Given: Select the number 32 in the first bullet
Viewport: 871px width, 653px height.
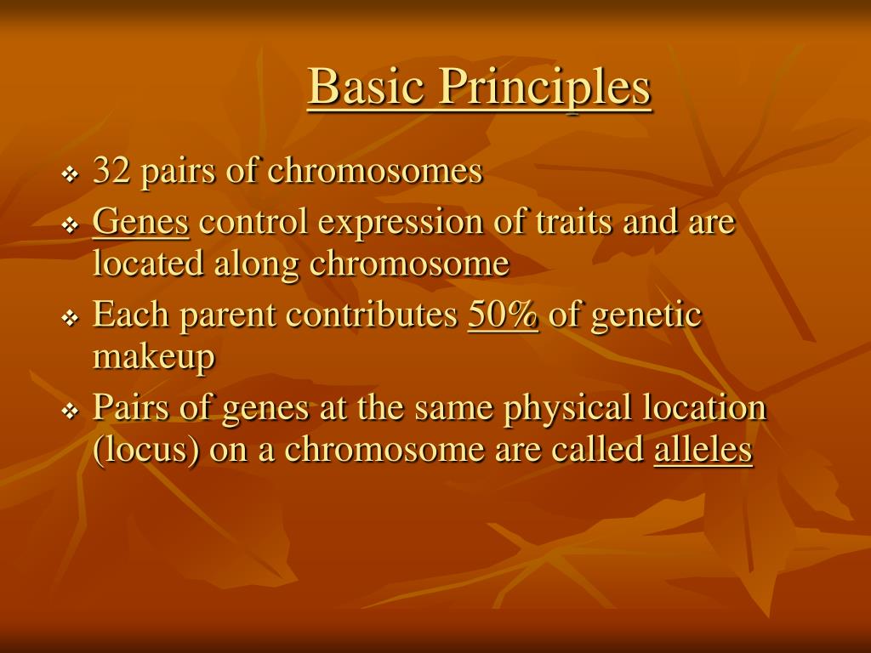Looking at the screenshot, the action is [x=111, y=169].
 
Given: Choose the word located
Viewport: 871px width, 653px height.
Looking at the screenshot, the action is [x=148, y=263].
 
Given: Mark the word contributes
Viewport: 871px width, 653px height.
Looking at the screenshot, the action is [x=372, y=314].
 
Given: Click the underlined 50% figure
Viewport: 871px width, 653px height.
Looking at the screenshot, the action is [x=504, y=315].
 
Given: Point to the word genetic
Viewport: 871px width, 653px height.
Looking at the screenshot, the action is [x=646, y=316].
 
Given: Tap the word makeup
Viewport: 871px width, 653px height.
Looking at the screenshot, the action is [x=153, y=357].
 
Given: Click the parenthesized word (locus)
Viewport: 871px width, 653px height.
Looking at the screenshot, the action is [x=145, y=451].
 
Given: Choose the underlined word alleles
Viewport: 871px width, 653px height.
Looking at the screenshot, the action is [x=703, y=449].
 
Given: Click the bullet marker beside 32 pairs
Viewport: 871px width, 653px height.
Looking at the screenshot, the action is [x=70, y=175].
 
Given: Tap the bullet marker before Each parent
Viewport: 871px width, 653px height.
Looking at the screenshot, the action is [x=70, y=319].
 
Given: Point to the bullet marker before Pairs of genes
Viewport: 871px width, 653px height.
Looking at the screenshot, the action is [x=70, y=412].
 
